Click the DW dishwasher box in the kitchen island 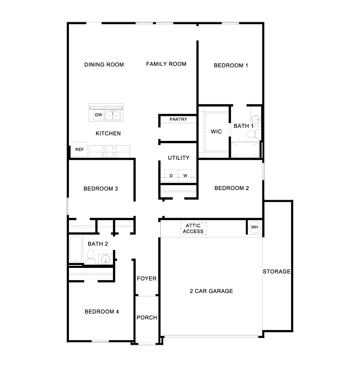pos(98,115)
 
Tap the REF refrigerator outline pos(80,149)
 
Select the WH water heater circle pos(254,227)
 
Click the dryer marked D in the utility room pos(171,176)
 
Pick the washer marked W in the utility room pos(185,176)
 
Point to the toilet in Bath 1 pos(253,134)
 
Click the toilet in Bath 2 pos(91,257)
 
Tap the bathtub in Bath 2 pos(76,249)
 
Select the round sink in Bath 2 pos(106,259)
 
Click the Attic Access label pos(193,228)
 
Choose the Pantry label pos(178,119)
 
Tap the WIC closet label pos(216,132)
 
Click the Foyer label pos(147,279)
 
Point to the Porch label pos(147,318)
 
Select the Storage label pos(276,272)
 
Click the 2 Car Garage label pos(211,291)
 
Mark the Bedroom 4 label pos(102,311)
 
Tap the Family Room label pos(166,64)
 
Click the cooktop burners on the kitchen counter pos(109,151)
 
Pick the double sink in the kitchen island pos(112,115)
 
